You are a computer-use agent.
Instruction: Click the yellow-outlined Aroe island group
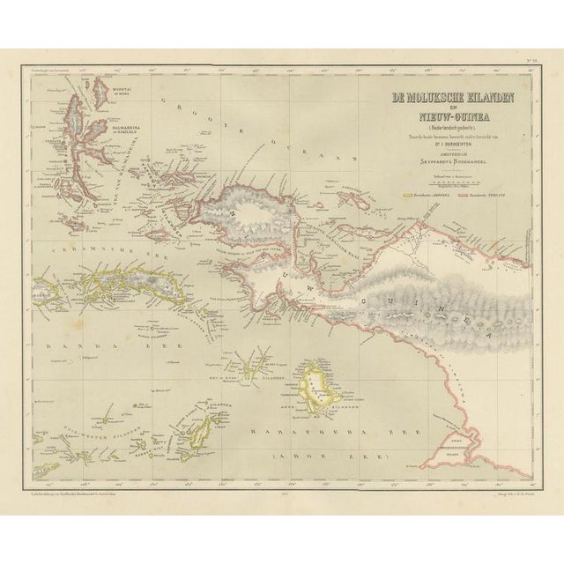(x=319, y=383)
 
